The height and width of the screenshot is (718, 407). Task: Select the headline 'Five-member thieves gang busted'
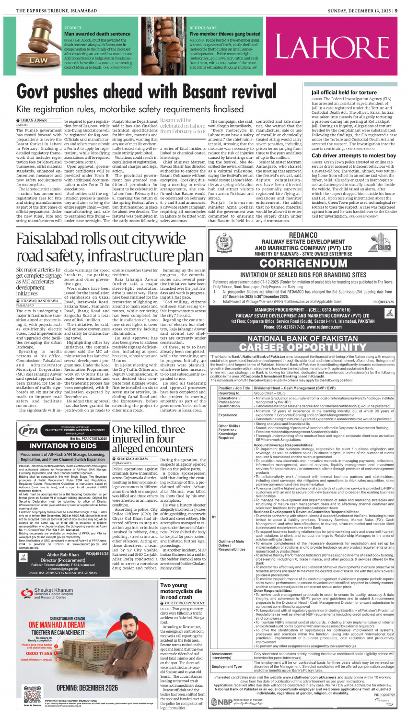pos(225,34)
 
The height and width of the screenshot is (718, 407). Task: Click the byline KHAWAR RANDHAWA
pos(40,301)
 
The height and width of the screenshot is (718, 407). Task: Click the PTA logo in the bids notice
pos(28,431)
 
